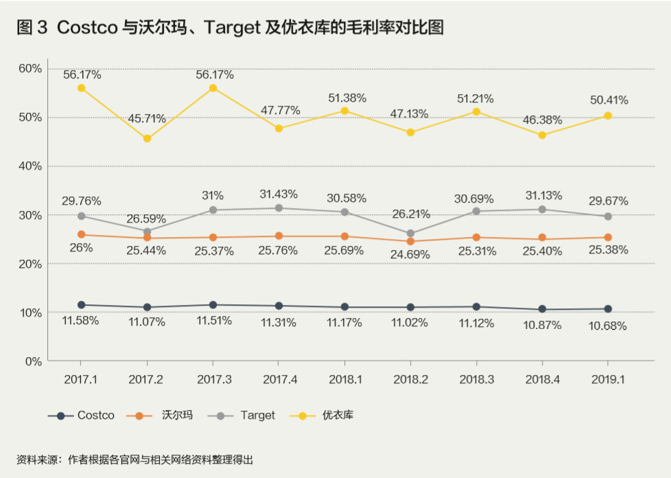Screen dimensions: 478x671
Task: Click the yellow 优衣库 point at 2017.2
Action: click(147, 139)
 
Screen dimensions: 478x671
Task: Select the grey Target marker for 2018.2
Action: click(410, 234)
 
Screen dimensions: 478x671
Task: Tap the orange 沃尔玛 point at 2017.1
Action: click(82, 234)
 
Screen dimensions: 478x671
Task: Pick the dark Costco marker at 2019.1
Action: click(608, 309)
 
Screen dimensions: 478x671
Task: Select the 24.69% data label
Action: click(410, 255)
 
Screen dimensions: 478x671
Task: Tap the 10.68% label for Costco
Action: click(608, 326)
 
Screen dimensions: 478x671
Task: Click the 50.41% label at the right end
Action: click(609, 100)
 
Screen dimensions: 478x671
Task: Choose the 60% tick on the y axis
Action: click(30, 68)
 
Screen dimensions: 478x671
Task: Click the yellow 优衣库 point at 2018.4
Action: click(542, 135)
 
